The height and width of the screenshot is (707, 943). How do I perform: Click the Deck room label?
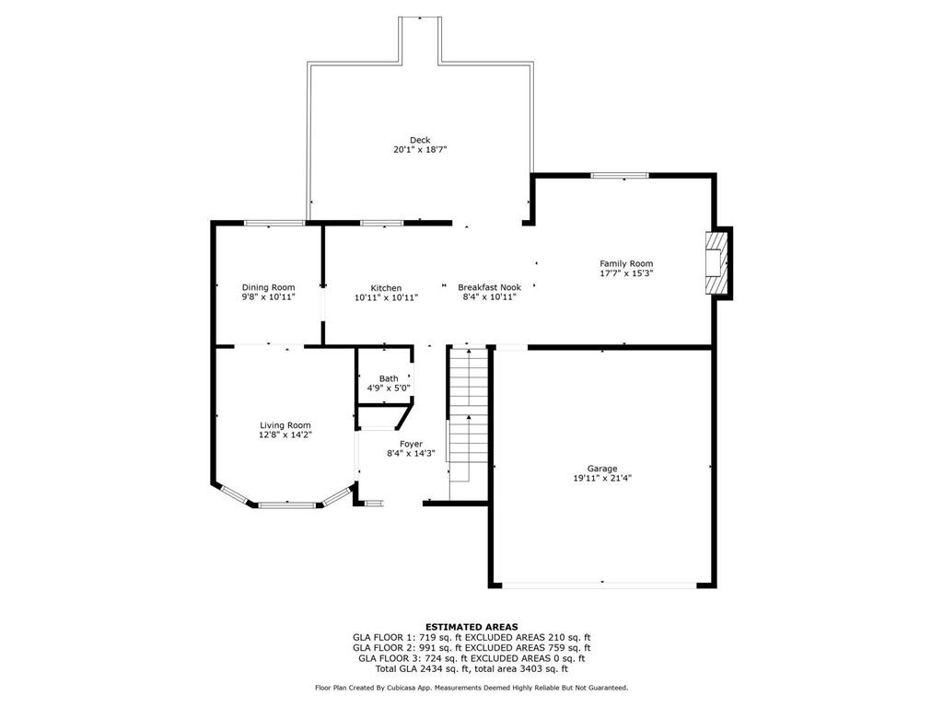click(420, 140)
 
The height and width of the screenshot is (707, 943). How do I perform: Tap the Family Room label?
click(626, 263)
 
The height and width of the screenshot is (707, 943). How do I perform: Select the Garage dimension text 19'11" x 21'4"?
click(602, 479)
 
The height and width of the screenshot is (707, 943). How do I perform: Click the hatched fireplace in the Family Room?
click(716, 262)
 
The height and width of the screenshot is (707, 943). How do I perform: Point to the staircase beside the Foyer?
click(468, 415)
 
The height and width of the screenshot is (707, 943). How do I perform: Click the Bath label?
click(389, 378)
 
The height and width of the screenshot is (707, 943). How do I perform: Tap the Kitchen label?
click(386, 288)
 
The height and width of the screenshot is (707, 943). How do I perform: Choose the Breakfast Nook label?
click(490, 287)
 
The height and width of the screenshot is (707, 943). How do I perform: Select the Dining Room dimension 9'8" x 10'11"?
click(268, 297)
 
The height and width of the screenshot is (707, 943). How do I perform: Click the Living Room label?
click(285, 425)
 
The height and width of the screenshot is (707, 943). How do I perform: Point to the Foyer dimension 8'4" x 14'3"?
click(411, 454)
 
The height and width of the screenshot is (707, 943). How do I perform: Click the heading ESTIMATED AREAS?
click(471, 627)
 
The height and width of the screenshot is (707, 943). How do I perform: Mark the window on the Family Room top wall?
click(620, 176)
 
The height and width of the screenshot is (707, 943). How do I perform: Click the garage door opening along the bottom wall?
click(600, 585)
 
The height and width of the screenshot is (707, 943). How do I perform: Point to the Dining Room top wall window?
click(274, 223)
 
